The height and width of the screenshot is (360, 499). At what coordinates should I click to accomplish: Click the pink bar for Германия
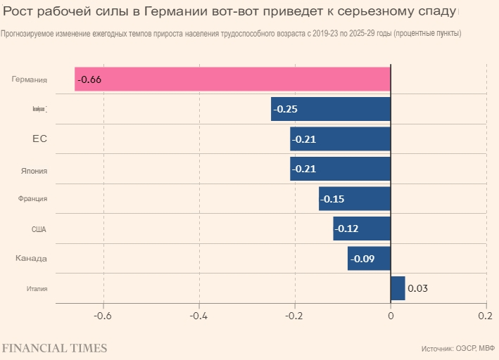[232, 79]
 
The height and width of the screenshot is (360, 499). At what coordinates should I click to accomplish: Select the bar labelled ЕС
[340, 139]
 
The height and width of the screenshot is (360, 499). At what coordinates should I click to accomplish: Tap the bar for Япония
[340, 169]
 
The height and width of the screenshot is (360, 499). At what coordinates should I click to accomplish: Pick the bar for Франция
[355, 199]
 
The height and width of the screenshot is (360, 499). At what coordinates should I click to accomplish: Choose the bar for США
[362, 229]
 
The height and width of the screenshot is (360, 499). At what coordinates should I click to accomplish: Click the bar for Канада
[369, 259]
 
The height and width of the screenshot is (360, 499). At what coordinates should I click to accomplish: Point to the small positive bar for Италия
[398, 288]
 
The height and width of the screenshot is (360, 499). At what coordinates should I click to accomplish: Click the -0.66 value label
[89, 79]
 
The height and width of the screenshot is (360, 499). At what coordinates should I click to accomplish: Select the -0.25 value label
[285, 109]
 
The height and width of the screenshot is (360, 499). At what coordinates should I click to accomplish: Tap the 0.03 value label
[417, 288]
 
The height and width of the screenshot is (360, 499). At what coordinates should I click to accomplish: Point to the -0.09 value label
[362, 259]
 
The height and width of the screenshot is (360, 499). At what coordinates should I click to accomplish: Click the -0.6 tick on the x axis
[103, 316]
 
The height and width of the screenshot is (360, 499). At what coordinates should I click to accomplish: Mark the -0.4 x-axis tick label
[199, 316]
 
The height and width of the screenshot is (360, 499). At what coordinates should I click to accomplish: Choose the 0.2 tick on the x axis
[486, 316]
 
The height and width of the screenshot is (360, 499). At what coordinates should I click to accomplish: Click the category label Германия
[30, 79]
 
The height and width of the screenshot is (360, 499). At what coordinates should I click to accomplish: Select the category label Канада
[32, 259]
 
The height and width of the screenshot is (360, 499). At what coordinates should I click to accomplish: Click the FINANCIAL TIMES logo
[54, 348]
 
